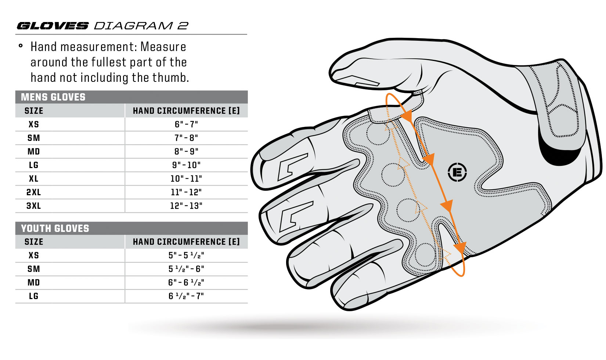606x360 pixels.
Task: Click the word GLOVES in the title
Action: click(53, 26)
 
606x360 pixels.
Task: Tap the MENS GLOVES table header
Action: click(53, 97)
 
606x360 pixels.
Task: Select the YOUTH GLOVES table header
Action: click(55, 228)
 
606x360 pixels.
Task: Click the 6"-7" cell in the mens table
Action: click(186, 124)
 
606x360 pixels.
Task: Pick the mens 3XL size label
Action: click(33, 206)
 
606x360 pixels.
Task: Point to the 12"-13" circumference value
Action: click(186, 206)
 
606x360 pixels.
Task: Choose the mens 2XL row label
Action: click(33, 192)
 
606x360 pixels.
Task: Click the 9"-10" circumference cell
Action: click(186, 165)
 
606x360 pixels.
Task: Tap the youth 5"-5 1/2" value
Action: click(186, 255)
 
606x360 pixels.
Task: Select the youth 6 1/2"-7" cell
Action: click(186, 296)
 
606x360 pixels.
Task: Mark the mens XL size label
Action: click(33, 179)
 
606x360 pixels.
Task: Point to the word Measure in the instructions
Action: click(163, 47)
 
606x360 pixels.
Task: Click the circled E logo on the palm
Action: click(457, 172)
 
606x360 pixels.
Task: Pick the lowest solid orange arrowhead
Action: click(460, 248)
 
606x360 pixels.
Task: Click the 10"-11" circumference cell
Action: click(186, 179)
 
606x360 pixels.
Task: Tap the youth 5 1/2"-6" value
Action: click(186, 269)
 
